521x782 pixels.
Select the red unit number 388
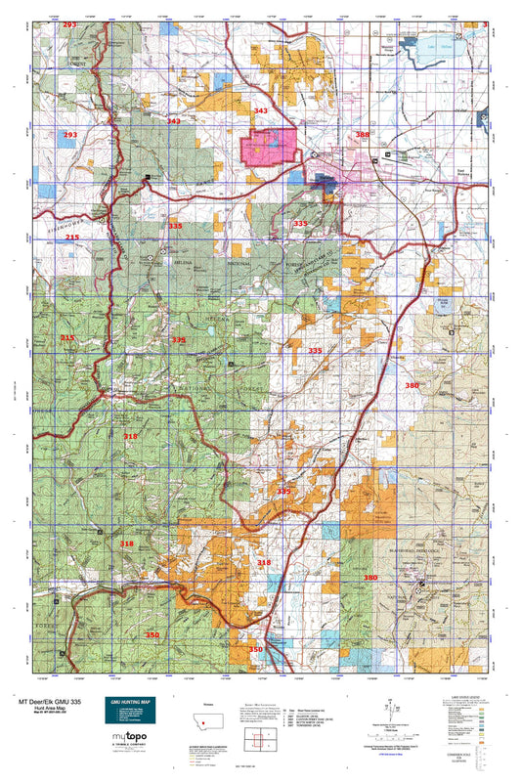363,135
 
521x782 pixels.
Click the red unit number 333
300,224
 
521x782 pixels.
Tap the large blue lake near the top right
447,46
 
